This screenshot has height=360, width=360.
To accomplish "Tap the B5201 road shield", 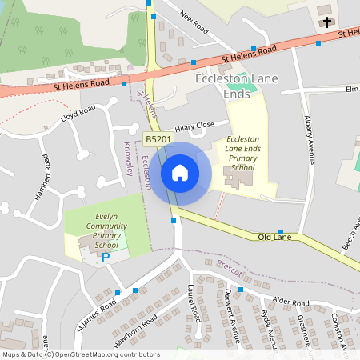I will (x=158, y=140).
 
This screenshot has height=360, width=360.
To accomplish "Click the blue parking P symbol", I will (x=106, y=258).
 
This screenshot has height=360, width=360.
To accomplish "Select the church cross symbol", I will (x=326, y=22).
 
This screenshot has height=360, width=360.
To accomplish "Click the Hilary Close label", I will (x=195, y=126).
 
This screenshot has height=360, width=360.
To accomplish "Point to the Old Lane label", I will (x=274, y=238).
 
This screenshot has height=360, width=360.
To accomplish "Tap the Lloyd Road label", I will (x=78, y=114).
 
